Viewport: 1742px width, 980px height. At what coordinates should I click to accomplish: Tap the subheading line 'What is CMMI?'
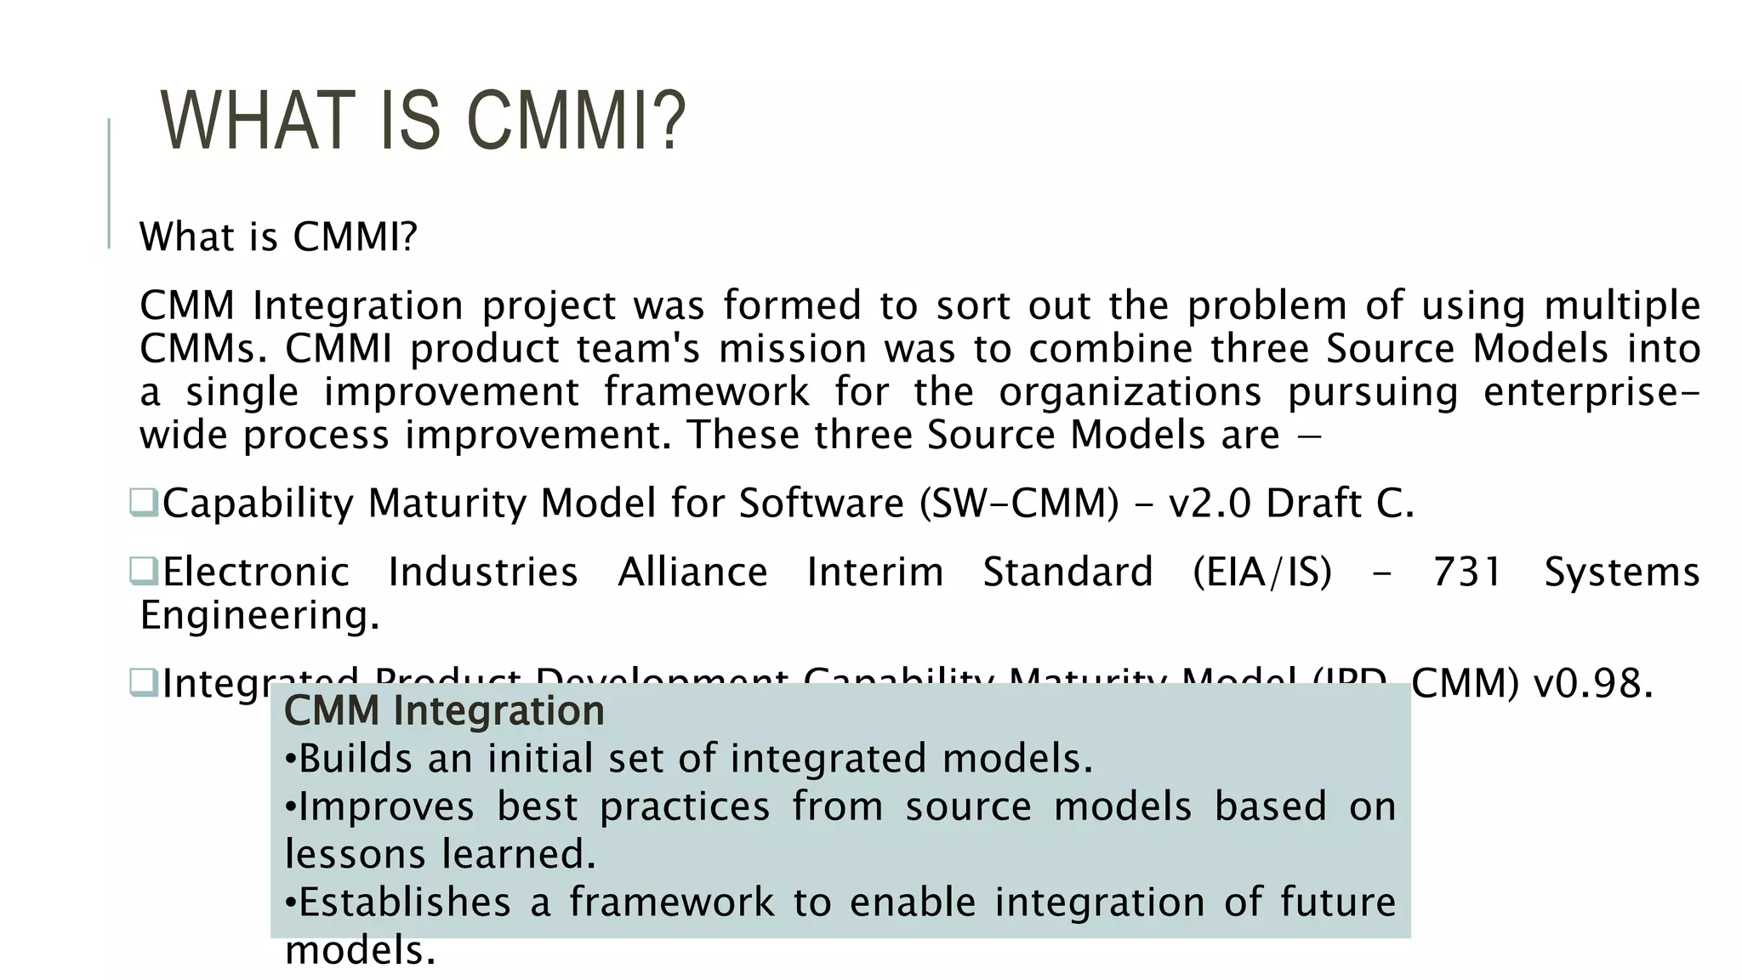(x=278, y=236)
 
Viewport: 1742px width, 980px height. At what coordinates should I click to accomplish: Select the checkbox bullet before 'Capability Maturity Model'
(x=143, y=502)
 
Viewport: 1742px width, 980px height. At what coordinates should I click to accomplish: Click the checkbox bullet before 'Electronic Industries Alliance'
(x=143, y=571)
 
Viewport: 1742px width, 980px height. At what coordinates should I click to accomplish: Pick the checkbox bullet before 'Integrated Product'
(x=143, y=682)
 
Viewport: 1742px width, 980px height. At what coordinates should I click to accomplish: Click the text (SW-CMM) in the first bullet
(x=1019, y=503)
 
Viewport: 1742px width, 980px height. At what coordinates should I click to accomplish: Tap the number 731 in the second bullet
(x=1467, y=572)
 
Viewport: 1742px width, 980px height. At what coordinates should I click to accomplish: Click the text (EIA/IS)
(x=1262, y=572)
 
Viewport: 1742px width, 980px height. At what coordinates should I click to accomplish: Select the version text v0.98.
(x=1592, y=683)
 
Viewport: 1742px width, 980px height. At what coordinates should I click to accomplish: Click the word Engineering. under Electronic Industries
(x=259, y=615)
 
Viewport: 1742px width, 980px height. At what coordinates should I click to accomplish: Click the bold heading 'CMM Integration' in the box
(x=443, y=710)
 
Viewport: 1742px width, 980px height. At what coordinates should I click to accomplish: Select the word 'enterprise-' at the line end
(x=1591, y=392)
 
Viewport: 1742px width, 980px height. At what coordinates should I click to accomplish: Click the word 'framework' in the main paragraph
(x=706, y=392)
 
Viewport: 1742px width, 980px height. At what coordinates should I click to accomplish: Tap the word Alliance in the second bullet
(x=692, y=572)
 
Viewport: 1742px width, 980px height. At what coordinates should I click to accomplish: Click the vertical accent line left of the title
(x=109, y=183)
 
